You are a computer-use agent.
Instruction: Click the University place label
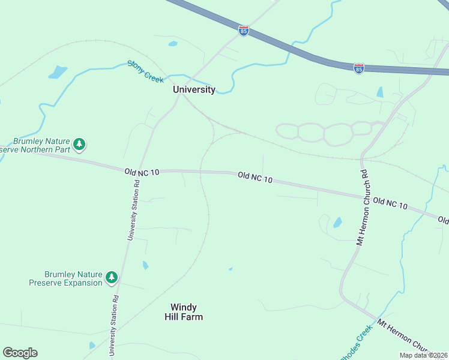click(194, 89)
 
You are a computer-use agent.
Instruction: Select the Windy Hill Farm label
click(184, 312)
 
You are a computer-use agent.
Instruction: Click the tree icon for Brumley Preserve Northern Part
click(79, 145)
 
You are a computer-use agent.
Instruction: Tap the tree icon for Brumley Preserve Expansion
click(111, 277)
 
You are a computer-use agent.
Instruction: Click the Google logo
click(20, 353)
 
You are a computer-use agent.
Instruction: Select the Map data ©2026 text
click(423, 355)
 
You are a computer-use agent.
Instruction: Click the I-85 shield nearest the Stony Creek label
click(243, 31)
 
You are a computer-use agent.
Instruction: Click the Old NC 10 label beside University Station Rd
click(142, 172)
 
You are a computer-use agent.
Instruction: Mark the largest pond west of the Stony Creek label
click(58, 73)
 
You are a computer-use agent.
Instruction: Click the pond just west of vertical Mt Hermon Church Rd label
click(337, 223)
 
